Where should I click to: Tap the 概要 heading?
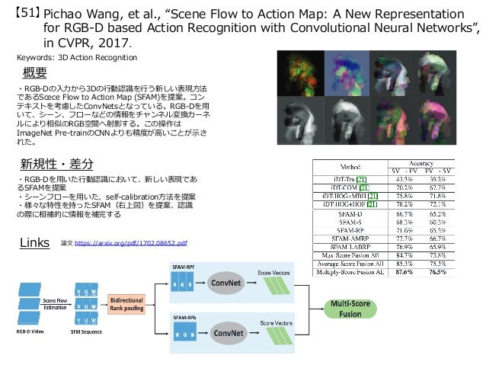37,75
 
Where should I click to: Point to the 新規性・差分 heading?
57,165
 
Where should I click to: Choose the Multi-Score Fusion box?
350,309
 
